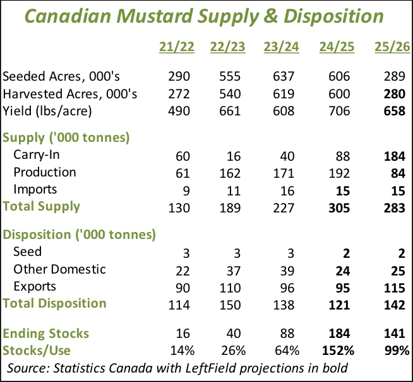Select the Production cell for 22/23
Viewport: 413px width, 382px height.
tap(230, 172)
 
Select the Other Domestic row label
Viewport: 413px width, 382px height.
tap(59, 270)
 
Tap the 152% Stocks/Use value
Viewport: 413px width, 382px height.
tap(338, 350)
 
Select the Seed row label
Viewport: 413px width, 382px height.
tap(28, 252)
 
